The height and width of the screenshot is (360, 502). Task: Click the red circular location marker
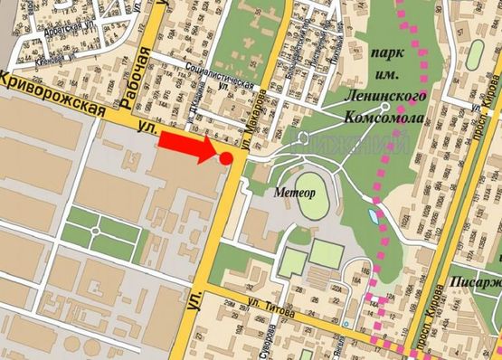[x=226, y=158]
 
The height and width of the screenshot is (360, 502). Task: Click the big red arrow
[x=191, y=146]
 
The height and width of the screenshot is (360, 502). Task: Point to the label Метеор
[x=293, y=193]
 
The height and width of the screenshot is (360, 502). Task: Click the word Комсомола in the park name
[x=384, y=116]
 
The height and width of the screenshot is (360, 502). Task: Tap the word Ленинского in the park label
[x=384, y=93]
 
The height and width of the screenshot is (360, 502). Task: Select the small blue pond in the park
[x=374, y=217]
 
